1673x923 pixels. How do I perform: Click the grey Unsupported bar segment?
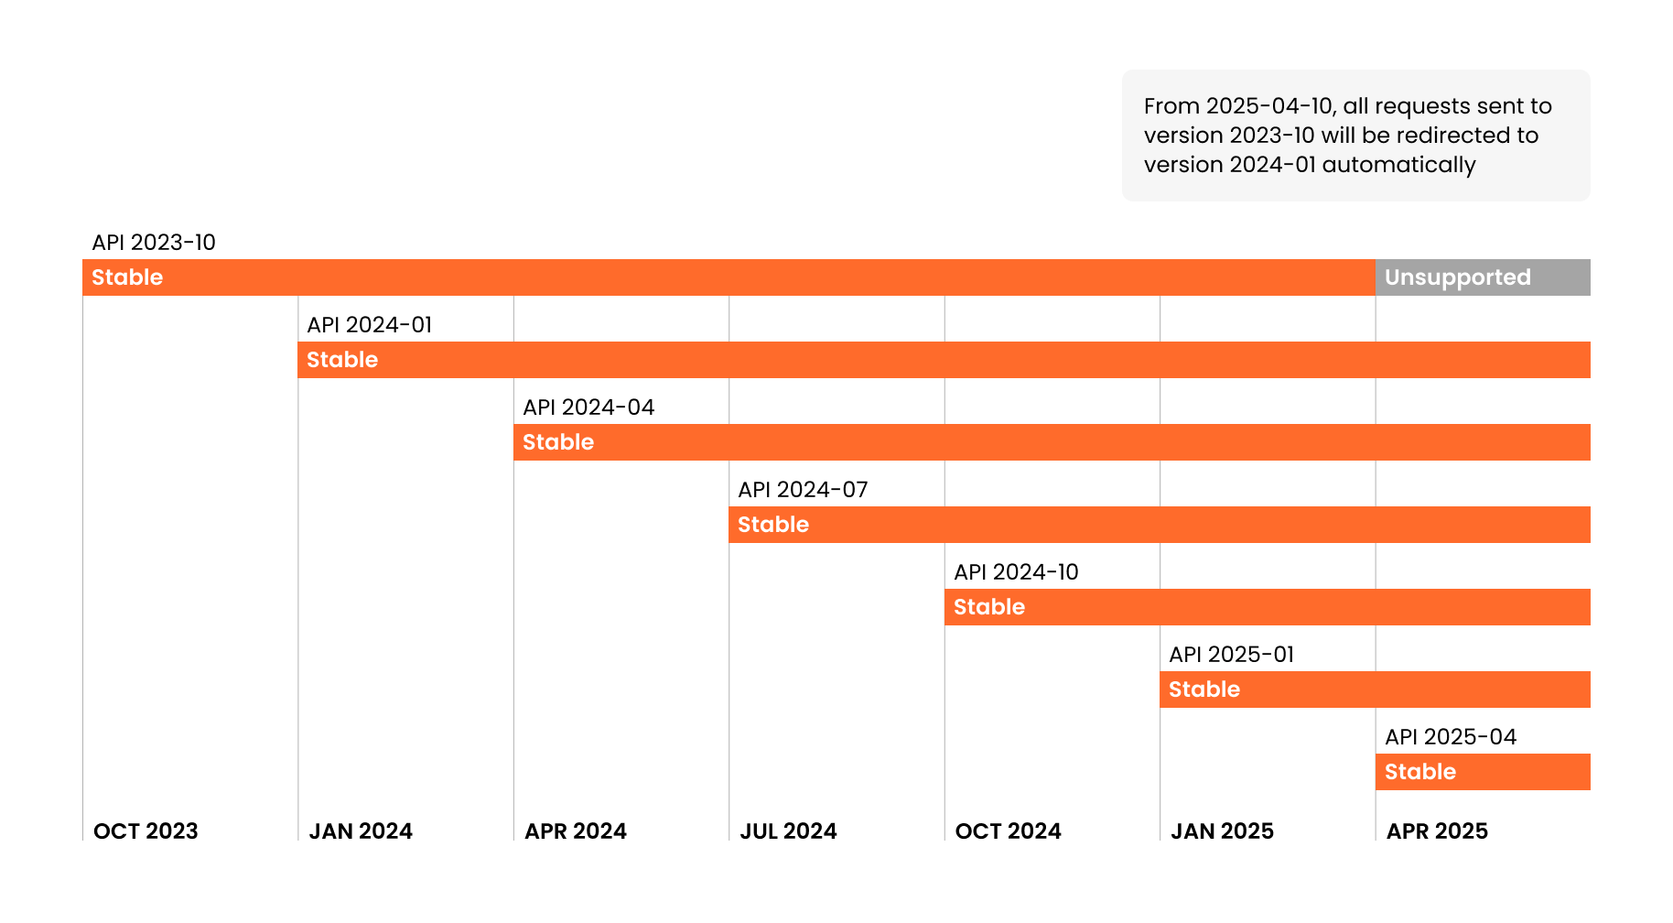point(1482,277)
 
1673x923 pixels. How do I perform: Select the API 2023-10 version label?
point(154,243)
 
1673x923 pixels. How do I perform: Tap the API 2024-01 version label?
point(369,325)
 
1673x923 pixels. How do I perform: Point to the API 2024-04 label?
point(588,407)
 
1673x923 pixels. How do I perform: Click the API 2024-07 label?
point(803,490)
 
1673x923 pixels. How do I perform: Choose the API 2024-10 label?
point(1016,572)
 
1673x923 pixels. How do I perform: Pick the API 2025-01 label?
point(1231,655)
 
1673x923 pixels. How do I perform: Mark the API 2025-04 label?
point(1450,737)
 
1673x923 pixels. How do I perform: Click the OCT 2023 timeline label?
point(146,831)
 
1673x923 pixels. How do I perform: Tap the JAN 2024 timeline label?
point(361,831)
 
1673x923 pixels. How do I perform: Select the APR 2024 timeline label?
point(576,831)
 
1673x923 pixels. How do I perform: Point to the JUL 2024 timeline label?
point(788,831)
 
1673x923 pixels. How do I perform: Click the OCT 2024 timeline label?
point(1008,831)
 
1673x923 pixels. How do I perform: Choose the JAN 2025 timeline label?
point(1222,831)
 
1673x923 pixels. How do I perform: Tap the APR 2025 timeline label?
point(1437,831)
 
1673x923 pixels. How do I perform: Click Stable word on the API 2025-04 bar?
point(1419,772)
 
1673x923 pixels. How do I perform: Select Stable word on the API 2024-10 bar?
point(988,607)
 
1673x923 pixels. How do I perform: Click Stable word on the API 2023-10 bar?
point(127,277)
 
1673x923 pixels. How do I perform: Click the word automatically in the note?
point(1398,166)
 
